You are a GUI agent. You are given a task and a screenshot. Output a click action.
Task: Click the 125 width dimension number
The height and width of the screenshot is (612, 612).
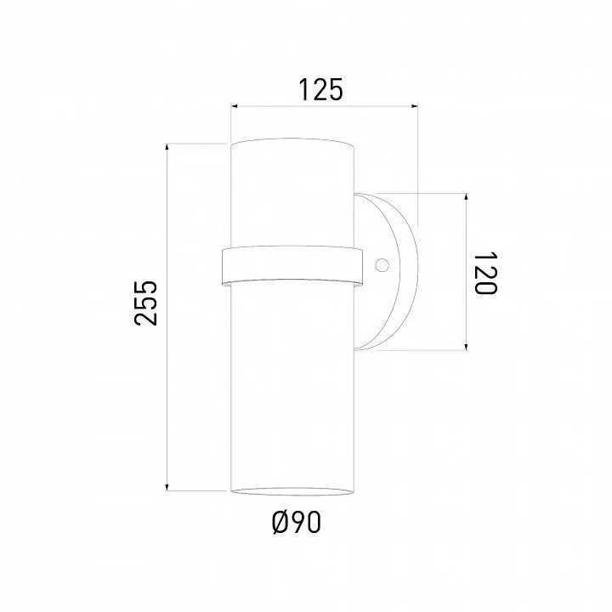click(x=320, y=90)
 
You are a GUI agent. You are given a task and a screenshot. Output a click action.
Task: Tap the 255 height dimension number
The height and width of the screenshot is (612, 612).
click(x=145, y=303)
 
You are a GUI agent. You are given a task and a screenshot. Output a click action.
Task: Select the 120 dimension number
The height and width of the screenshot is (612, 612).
click(x=485, y=273)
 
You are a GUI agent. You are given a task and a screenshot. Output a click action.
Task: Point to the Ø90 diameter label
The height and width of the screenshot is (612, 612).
click(x=297, y=523)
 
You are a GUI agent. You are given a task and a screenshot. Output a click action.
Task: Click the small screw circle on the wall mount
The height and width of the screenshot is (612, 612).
click(x=382, y=265)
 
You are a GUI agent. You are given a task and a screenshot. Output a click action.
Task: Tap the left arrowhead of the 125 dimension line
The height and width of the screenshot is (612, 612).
click(x=235, y=105)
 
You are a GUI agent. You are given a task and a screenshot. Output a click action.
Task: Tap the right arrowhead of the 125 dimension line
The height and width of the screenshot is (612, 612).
click(x=414, y=105)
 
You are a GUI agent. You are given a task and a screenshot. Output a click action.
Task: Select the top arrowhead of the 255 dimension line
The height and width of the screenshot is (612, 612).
click(x=167, y=147)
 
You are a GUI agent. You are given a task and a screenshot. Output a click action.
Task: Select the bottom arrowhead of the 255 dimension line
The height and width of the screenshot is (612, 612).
click(x=167, y=487)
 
